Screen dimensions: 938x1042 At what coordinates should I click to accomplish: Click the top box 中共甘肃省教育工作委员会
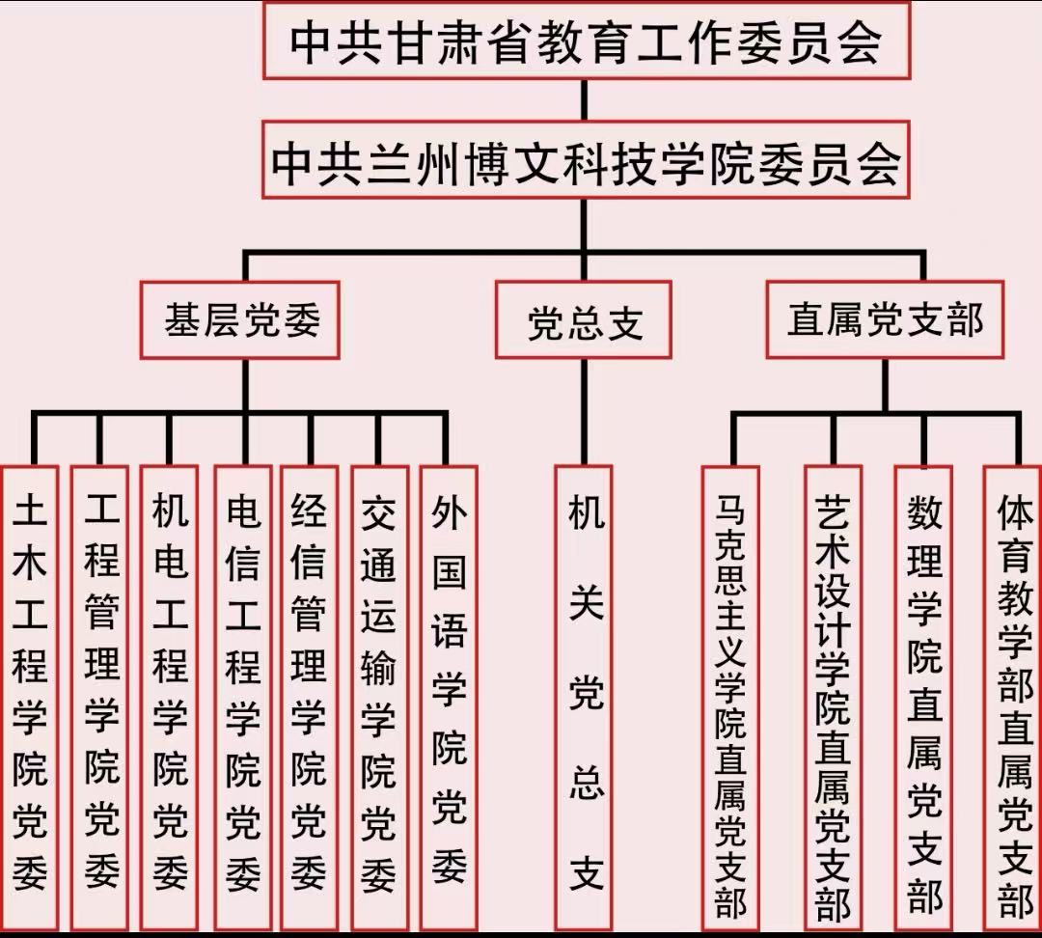[x=586, y=41]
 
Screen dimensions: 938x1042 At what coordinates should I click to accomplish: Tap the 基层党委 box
[x=240, y=319]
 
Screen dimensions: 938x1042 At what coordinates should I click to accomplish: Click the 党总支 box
[x=584, y=319]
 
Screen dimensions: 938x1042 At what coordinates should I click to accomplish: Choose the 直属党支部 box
[x=885, y=319]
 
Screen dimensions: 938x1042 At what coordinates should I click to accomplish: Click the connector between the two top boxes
[x=585, y=99]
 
